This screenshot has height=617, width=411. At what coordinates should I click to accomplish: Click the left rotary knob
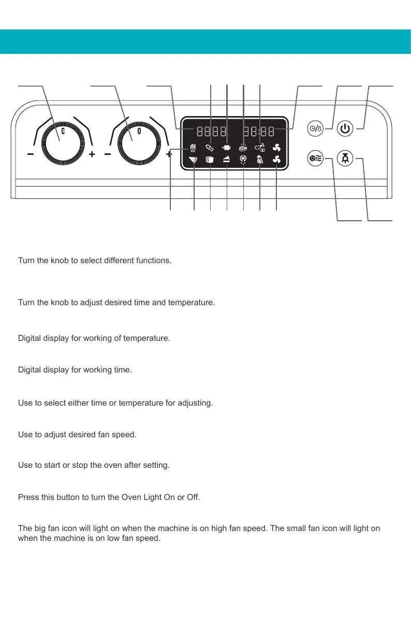point(62,142)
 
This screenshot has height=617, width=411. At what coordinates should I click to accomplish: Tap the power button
point(345,128)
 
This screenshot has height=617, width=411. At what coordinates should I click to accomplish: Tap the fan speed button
point(315,159)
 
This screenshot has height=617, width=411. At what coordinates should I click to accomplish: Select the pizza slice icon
point(193,160)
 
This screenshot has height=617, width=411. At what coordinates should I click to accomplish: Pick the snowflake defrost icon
point(243,160)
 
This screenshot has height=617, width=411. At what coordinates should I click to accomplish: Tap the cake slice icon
point(227,160)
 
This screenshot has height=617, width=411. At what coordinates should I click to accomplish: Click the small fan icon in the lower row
point(276,160)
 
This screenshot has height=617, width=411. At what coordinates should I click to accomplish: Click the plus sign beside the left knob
point(92,154)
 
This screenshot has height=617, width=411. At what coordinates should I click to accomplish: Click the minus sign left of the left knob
point(31,154)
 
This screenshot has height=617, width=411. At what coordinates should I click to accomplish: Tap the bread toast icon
point(210,160)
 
